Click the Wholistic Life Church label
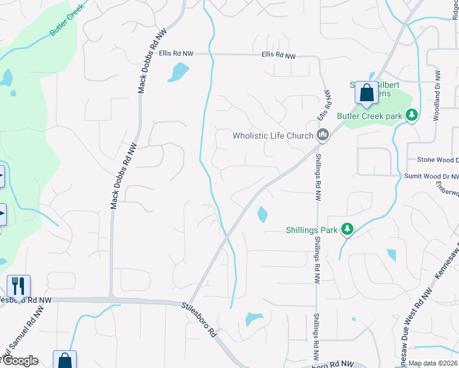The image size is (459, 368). click(273, 136)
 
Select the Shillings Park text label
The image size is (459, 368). click(312, 230)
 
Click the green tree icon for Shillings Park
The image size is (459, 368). click(347, 229)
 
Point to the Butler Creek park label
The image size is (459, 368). click(369, 116)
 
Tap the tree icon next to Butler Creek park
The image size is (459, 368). click(412, 115)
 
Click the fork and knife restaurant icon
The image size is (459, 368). click(18, 285)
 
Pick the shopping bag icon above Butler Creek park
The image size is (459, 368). click(366, 93)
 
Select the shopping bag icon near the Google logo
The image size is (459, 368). click(64, 361)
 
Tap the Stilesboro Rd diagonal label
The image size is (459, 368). click(199, 320)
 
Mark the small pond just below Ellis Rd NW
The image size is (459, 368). click(177, 73)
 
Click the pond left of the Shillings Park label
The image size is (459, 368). click(262, 215)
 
